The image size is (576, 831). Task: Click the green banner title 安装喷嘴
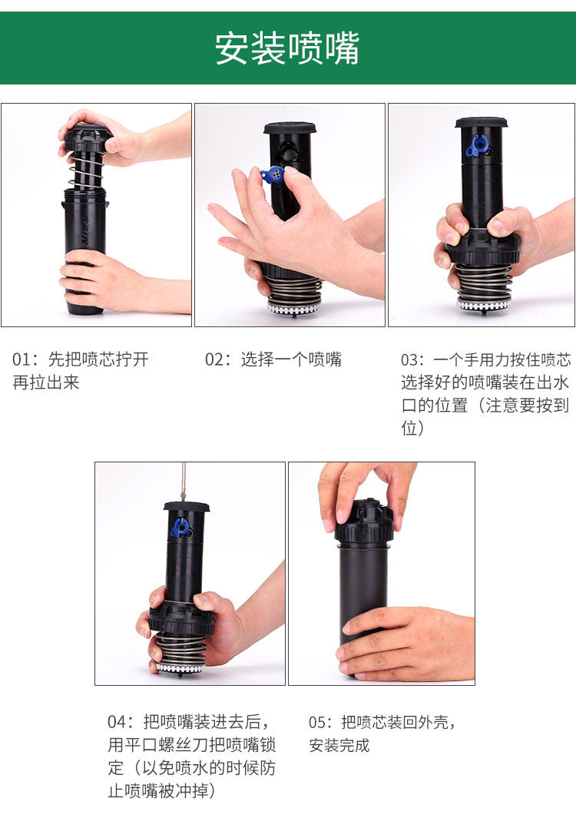coord(287,48)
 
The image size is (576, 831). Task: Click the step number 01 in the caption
coord(22,359)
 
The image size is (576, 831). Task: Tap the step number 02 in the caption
coord(214,359)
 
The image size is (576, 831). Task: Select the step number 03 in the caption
coord(410,360)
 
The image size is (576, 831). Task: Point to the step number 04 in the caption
coord(117,722)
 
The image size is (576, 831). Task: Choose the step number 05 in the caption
coord(318,722)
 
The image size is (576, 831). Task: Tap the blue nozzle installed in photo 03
coord(478,146)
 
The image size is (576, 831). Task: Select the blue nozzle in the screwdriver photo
coord(180,528)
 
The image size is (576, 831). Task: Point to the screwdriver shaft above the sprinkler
coord(184,482)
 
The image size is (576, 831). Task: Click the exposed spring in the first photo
coord(87,170)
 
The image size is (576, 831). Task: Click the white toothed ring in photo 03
coord(483,305)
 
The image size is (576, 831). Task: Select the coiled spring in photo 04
coord(180,648)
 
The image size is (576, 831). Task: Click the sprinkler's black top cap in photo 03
coord(481,123)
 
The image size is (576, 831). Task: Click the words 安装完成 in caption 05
coord(339,745)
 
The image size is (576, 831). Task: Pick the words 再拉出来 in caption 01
coord(46,382)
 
